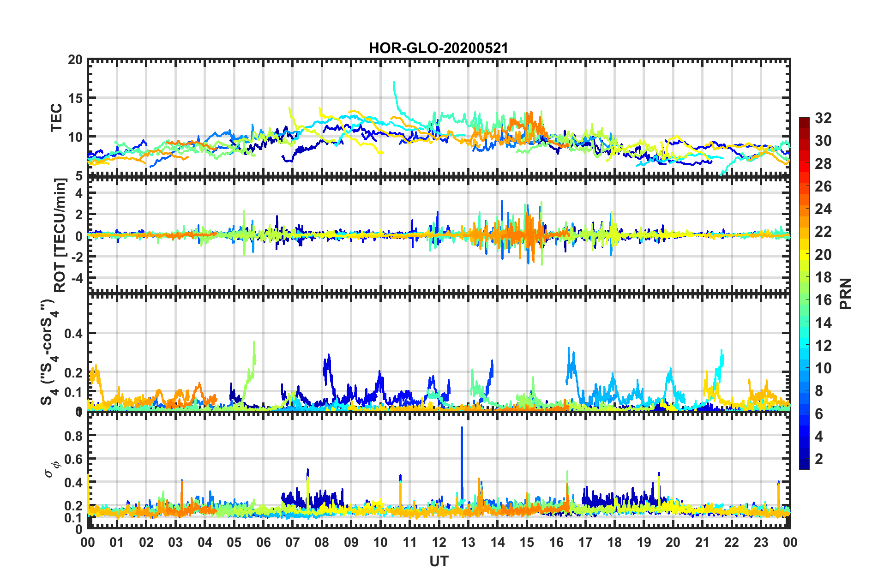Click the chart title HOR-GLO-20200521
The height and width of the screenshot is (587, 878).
coord(438,48)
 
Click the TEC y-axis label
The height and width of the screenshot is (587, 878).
coord(56,118)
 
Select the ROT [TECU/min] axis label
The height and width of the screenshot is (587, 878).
coord(60,235)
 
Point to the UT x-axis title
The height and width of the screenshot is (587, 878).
coord(439,561)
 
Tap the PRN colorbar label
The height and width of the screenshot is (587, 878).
coord(846,293)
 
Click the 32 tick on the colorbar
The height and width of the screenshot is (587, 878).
coord(823,118)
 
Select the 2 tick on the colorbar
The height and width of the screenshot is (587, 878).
coord(819,459)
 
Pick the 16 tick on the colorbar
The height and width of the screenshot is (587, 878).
coord(823,300)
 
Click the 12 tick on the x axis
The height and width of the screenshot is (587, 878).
coord(439,542)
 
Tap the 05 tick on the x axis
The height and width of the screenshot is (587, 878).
coord(234,542)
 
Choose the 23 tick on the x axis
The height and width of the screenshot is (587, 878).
coord(761,542)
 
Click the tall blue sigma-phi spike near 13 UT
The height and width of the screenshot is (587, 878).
coord(462,429)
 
